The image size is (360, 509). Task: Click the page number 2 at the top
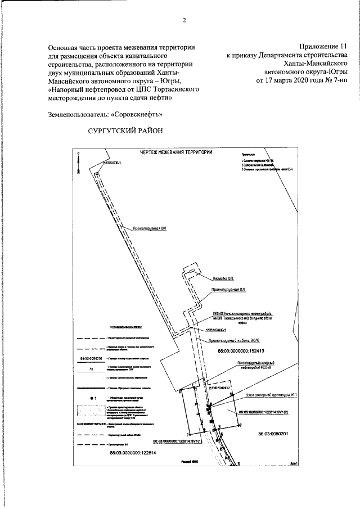(184, 21)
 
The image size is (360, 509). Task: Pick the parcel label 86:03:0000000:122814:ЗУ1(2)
(264, 412)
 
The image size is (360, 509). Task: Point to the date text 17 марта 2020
(292, 80)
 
